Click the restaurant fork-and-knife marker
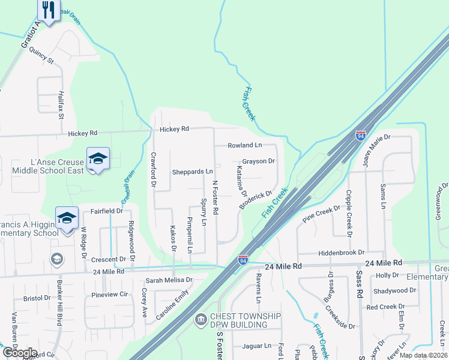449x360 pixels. [48, 10]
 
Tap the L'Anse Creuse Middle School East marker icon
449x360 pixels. [98, 159]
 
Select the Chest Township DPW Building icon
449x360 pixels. [200, 320]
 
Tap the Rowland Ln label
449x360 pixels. [245, 145]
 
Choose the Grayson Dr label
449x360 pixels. [258, 161]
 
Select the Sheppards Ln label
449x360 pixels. [193, 172]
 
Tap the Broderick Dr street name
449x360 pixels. [256, 200]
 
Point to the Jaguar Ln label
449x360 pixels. [258, 346]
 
